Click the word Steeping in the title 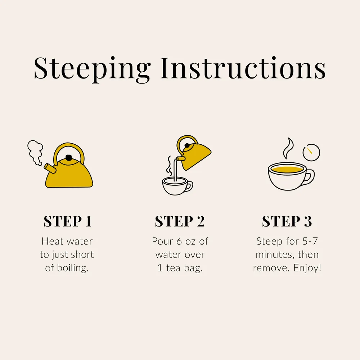click(x=92, y=69)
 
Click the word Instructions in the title click(x=243, y=68)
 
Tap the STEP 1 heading click(x=68, y=221)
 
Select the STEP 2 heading click(x=180, y=221)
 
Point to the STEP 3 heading click(x=287, y=221)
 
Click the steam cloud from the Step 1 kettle click(x=35, y=152)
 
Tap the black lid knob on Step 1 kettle click(x=69, y=158)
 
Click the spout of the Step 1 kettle click(x=50, y=168)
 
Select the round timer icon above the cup click(x=311, y=152)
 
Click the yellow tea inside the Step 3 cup click(x=287, y=170)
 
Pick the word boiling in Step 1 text click(x=73, y=268)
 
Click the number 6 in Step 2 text click(x=179, y=242)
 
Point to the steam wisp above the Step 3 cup click(x=288, y=148)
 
